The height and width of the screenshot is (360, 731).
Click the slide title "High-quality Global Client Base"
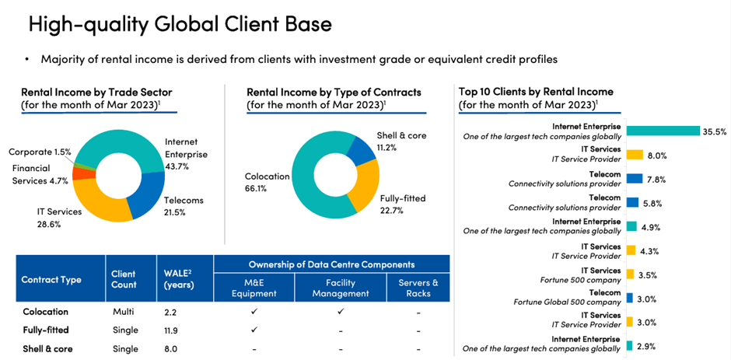(180, 23)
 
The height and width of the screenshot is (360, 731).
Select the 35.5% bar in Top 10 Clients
(662, 131)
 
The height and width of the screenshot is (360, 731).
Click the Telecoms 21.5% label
(184, 206)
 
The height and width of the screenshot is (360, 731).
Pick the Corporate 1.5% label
(40, 152)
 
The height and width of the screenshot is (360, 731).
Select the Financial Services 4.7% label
(40, 174)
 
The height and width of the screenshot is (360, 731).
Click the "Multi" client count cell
(124, 311)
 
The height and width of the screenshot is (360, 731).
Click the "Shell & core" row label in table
(47, 348)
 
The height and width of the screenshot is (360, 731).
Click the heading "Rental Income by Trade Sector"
(96, 92)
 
